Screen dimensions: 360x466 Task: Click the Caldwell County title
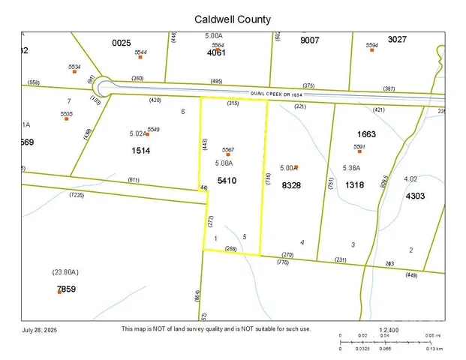pyautogui.click(x=233, y=19)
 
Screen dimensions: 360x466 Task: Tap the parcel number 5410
pyautogui.click(x=227, y=181)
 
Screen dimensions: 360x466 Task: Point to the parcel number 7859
pyautogui.click(x=66, y=289)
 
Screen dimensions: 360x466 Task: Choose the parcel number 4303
pyautogui.click(x=415, y=196)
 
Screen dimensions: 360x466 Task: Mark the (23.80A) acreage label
pyautogui.click(x=65, y=271)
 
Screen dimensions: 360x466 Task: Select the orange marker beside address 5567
pyautogui.click(x=228, y=154)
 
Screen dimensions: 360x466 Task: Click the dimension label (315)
pyautogui.click(x=233, y=103)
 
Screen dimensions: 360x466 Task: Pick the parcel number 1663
pyautogui.click(x=366, y=134)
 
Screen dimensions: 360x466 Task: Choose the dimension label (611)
pyautogui.click(x=134, y=181)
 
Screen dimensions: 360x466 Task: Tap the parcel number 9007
pyautogui.click(x=309, y=40)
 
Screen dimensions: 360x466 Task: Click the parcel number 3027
pyautogui.click(x=397, y=39)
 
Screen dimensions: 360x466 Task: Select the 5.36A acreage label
pyautogui.click(x=351, y=168)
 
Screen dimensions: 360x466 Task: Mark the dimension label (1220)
pyautogui.click(x=77, y=195)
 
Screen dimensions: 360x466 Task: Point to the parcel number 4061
pyautogui.click(x=216, y=52)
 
